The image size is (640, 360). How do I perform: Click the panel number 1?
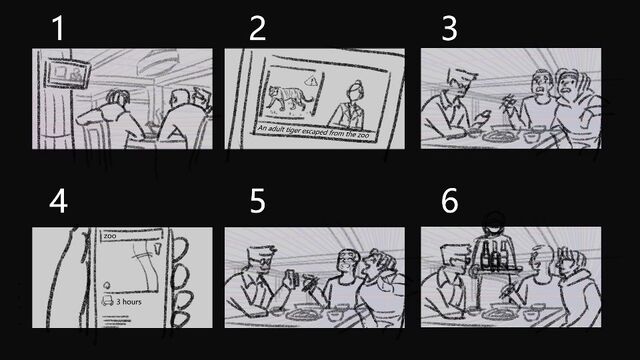tap(59, 28)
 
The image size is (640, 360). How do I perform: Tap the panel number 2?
tap(258, 28)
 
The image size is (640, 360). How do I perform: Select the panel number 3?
tap(449, 28)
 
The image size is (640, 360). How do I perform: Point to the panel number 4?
tap(58, 201)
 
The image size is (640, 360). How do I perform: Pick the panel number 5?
tap(258, 201)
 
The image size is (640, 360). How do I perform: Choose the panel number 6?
tap(450, 201)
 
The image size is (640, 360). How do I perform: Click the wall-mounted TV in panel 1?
tap(67, 73)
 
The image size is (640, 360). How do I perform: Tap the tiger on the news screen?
tap(289, 98)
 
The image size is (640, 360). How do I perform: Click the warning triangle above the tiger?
tap(311, 82)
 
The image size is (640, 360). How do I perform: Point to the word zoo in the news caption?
tap(362, 135)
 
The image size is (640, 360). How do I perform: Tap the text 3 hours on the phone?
tap(129, 302)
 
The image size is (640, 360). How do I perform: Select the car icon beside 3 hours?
tap(107, 301)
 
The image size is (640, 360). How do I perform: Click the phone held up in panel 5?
tap(291, 280)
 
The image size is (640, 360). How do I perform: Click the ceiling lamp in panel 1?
tap(157, 62)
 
